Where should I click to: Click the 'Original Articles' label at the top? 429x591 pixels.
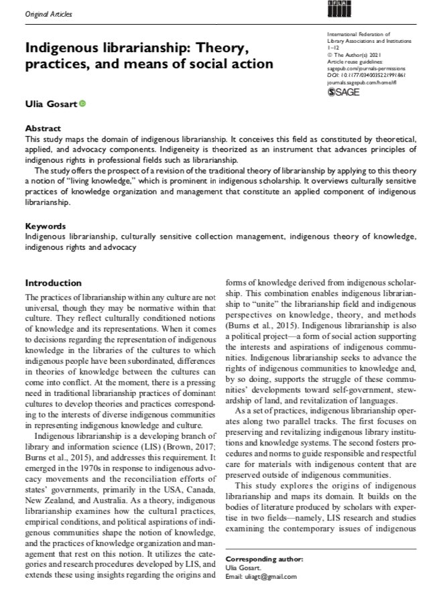[x=48, y=13]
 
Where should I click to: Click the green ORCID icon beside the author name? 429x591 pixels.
[x=82, y=103]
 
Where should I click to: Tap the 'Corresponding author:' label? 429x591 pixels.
[x=260, y=558]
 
